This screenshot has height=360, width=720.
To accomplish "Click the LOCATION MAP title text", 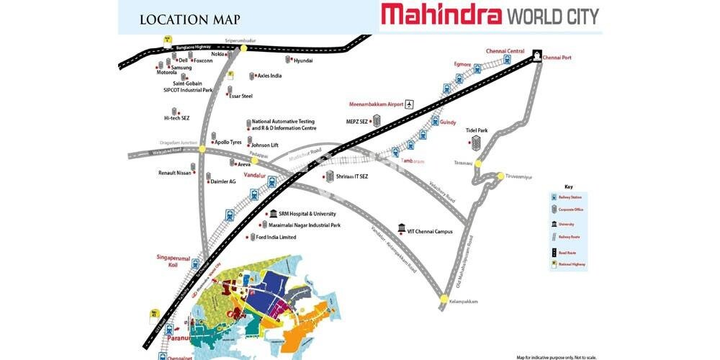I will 190,20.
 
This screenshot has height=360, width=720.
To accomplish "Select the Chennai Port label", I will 557,58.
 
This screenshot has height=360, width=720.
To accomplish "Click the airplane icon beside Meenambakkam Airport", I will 410,104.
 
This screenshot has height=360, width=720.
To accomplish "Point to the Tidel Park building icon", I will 475,143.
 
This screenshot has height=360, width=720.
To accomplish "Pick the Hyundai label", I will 303,61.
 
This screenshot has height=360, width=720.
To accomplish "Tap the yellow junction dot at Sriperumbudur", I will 244,48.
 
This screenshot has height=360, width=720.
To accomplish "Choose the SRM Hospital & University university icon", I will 273,214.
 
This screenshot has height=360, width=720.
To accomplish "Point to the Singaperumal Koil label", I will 173,261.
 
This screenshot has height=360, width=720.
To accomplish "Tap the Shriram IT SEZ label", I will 352,176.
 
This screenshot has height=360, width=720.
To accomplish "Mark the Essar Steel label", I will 240,96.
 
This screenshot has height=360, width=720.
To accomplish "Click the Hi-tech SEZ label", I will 176,118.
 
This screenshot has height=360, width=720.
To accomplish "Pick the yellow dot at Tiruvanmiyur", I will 501,176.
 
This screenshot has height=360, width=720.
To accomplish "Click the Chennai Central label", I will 505,51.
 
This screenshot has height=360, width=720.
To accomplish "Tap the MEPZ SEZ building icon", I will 374,120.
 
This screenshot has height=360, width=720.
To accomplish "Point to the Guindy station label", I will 448,122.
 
